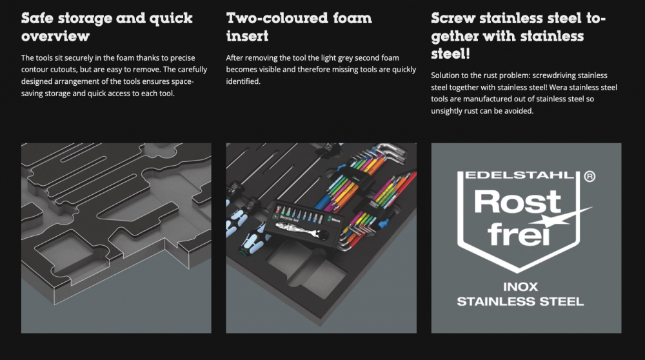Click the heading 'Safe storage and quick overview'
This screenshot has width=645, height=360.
coord(107,26)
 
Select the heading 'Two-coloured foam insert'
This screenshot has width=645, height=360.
coord(299,26)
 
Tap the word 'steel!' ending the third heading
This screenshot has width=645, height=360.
coord(450,54)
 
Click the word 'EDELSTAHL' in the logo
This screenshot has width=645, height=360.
coord(519,175)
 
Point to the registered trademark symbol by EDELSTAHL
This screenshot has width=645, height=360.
coord(590,177)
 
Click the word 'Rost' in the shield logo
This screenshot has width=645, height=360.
coord(517,201)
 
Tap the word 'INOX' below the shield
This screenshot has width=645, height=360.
coord(521,286)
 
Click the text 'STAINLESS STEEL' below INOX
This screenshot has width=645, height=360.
coord(521,301)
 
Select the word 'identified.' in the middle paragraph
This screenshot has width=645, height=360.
coord(243,81)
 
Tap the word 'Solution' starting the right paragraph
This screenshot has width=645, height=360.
coord(444,75)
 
